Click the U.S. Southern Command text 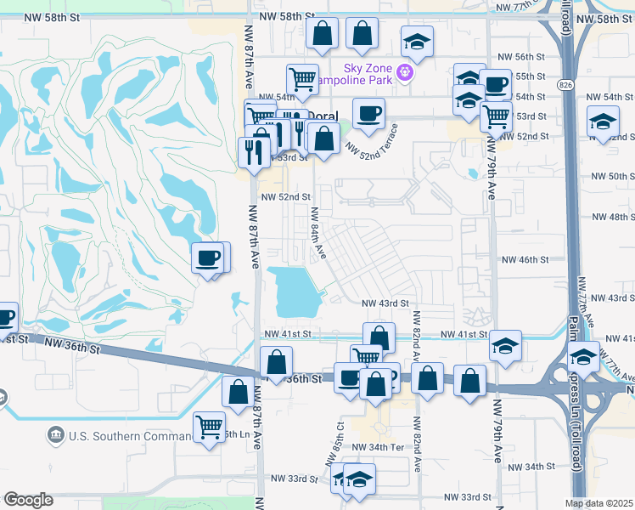132,436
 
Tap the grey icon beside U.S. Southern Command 56,436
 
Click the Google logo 28,500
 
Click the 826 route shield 565,84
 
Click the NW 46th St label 526,259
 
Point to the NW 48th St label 610,217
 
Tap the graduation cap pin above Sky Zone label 417,42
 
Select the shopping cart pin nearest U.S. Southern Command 209,428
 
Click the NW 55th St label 529,76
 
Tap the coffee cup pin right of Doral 368,114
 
